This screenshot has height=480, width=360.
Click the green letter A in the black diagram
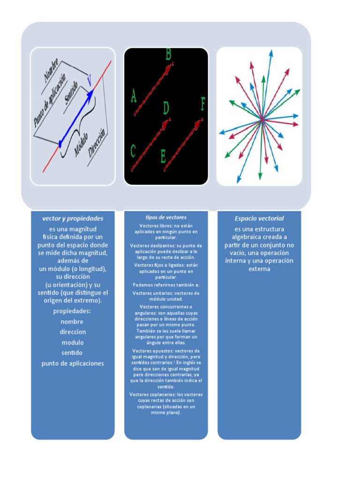(x=134, y=97)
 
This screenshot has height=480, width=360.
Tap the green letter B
(x=168, y=55)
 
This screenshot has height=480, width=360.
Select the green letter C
(x=133, y=151)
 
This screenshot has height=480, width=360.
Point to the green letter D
(x=166, y=109)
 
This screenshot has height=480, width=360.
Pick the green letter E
(x=163, y=156)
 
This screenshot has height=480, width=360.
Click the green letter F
(x=203, y=104)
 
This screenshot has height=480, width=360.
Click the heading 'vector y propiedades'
(x=73, y=218)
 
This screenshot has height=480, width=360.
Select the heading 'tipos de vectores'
(x=166, y=217)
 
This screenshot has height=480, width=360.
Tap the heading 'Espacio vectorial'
(x=259, y=218)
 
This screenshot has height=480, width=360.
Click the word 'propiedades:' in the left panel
(x=72, y=311)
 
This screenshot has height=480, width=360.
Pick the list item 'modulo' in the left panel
(x=72, y=342)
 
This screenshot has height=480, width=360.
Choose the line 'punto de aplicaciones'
(x=73, y=363)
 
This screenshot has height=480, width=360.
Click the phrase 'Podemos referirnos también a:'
(x=166, y=285)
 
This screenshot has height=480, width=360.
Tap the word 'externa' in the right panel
(x=259, y=269)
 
